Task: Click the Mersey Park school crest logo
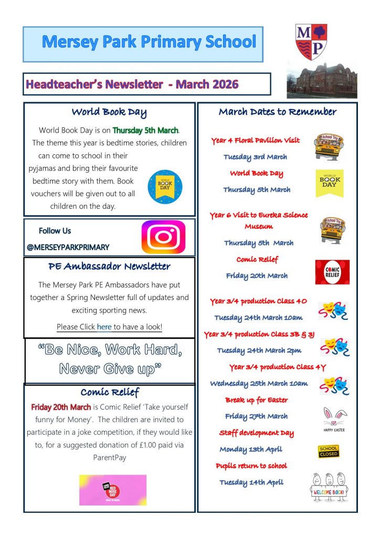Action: tap(310, 41)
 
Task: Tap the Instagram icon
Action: tap(163, 237)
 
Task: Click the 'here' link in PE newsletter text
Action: tap(104, 327)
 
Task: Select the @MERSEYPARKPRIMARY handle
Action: tap(68, 247)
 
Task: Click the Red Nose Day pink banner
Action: tap(113, 490)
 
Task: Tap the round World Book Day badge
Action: tap(165, 187)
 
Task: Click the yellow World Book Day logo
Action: tap(330, 183)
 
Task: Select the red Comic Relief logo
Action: tap(332, 272)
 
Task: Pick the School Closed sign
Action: tap(329, 451)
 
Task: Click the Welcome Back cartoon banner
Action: tap(329, 487)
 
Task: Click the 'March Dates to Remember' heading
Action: tap(277, 112)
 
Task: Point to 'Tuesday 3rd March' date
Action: tap(255, 157)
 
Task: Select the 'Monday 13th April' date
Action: tap(251, 449)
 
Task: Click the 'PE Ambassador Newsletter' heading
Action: tap(109, 266)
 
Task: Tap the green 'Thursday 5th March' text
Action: tap(145, 130)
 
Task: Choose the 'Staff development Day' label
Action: tap(256, 433)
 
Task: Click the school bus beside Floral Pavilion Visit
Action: tap(329, 147)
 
